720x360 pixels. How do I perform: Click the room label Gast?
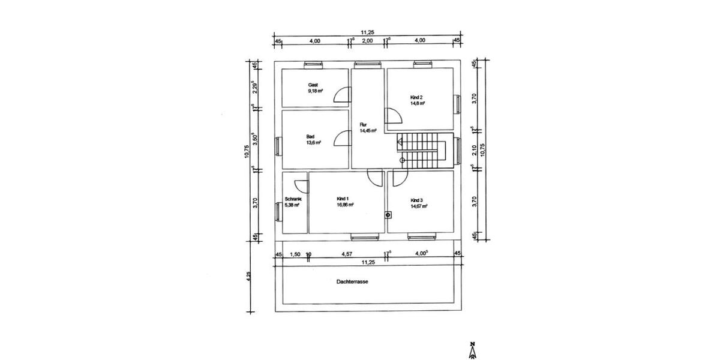[313, 85]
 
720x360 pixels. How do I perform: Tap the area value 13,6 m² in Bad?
[314, 143]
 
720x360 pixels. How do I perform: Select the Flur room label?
[363, 125]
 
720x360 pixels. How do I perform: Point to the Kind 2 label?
[416, 97]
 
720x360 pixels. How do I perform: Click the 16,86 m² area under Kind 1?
[345, 205]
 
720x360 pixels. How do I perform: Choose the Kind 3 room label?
[417, 200]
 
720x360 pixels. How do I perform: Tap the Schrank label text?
[292, 199]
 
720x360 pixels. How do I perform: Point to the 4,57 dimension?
[347, 254]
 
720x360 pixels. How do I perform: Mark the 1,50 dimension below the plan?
[295, 254]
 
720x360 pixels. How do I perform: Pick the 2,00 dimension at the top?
[368, 40]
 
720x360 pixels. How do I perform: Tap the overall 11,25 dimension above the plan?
[368, 32]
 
